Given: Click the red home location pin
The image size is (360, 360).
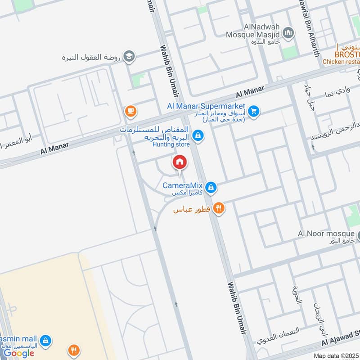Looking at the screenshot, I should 179,163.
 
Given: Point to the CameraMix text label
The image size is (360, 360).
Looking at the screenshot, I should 182,185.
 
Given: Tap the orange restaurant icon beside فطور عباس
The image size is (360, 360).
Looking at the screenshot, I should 219,208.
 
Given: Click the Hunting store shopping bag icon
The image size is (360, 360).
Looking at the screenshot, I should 197,135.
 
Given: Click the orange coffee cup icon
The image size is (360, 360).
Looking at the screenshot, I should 130,111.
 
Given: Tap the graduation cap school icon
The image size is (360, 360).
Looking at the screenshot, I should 129,56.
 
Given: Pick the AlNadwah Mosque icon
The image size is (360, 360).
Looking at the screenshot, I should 288,33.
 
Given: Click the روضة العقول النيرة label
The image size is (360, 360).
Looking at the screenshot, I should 92,58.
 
